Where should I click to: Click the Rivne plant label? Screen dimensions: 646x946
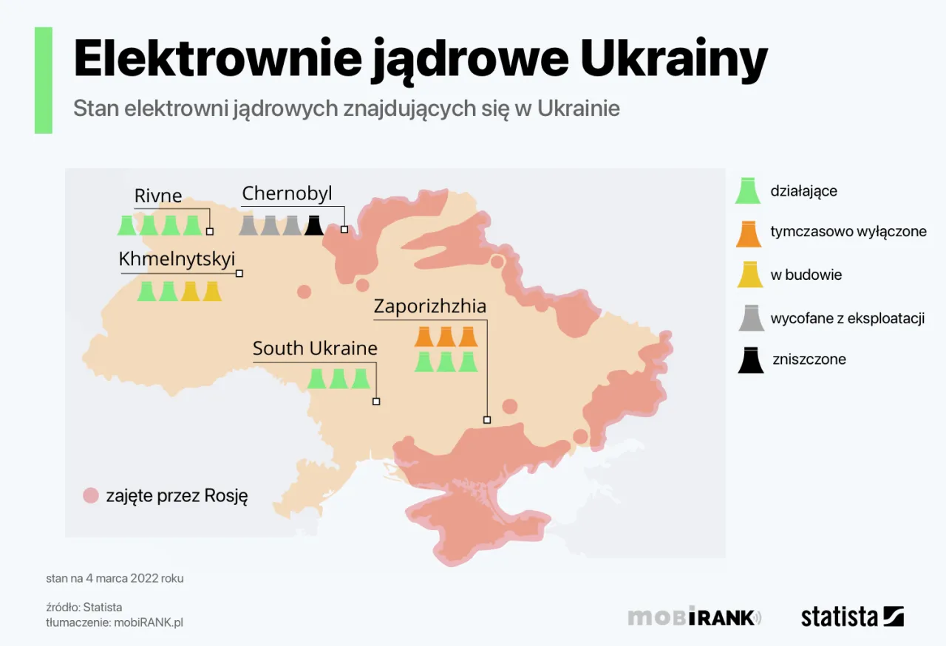click(x=157, y=196)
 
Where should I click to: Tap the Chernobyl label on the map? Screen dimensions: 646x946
click(x=287, y=193)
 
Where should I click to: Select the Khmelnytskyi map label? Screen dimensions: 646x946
click(x=177, y=259)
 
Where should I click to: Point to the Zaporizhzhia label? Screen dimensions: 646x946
click(x=429, y=306)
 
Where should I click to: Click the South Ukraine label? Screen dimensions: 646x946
click(x=315, y=348)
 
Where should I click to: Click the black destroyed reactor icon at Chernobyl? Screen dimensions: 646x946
click(x=314, y=225)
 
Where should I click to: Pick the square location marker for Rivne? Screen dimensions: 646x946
click(x=210, y=231)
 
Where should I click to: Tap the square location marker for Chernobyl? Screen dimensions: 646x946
click(x=344, y=230)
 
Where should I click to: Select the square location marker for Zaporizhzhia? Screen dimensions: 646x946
click(x=487, y=419)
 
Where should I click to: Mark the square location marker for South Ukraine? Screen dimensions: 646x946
click(x=376, y=402)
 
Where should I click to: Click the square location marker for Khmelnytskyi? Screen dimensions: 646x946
click(x=239, y=273)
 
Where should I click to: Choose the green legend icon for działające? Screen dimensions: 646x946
click(x=749, y=191)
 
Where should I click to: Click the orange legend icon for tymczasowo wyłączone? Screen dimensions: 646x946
click(x=749, y=233)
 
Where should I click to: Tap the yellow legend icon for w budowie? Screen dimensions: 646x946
click(x=749, y=275)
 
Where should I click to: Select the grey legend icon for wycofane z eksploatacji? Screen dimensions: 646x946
click(x=750, y=318)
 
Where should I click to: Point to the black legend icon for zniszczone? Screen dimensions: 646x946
click(x=750, y=360)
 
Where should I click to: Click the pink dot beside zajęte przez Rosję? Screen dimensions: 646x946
click(x=91, y=495)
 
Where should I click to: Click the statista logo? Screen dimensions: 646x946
click(x=852, y=616)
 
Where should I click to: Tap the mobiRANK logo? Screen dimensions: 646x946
click(x=694, y=616)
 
